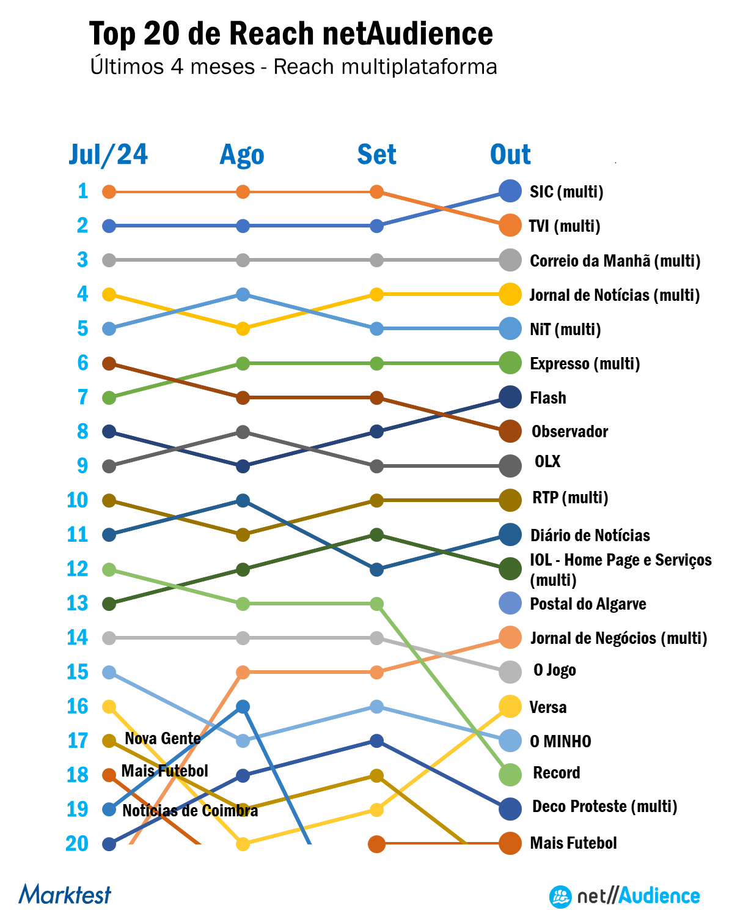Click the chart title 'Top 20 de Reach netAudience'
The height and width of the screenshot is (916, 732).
pyautogui.click(x=291, y=33)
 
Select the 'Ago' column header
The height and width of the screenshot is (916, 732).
pyautogui.click(x=242, y=155)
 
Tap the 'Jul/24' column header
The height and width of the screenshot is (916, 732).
pyautogui.click(x=108, y=155)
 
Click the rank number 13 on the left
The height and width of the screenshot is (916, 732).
pyautogui.click(x=78, y=604)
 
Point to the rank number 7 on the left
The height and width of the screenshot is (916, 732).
pyautogui.click(x=82, y=397)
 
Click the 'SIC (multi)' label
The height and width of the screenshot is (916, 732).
pyautogui.click(x=566, y=192)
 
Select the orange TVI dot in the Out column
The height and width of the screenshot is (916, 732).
pyautogui.click(x=510, y=226)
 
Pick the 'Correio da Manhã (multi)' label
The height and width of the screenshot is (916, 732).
pyautogui.click(x=615, y=261)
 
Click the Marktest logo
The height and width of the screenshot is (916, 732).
pyautogui.click(x=65, y=895)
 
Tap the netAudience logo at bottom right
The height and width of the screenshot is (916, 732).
pyautogui.click(x=624, y=896)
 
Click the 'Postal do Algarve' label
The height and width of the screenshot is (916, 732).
pyautogui.click(x=588, y=604)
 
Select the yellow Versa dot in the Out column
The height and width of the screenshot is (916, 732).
pyautogui.click(x=510, y=706)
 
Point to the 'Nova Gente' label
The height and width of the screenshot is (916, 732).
pyautogui.click(x=163, y=739)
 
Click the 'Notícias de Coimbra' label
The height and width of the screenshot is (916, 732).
pyautogui.click(x=190, y=811)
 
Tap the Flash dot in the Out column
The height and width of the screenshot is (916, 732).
pyautogui.click(x=510, y=397)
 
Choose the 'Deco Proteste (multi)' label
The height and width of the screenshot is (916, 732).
pyautogui.click(x=605, y=807)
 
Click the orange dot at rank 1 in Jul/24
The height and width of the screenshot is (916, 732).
pyautogui.click(x=109, y=192)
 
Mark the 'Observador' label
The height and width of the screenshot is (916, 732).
pyautogui.click(x=569, y=432)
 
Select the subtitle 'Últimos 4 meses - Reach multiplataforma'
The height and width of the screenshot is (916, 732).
pyautogui.click(x=293, y=67)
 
